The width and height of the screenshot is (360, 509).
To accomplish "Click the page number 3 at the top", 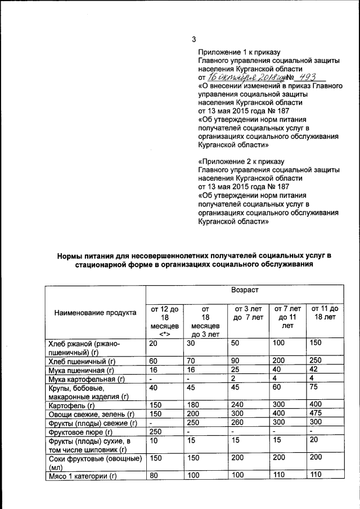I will [194, 39].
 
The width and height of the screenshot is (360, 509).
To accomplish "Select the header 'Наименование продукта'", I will [95, 313].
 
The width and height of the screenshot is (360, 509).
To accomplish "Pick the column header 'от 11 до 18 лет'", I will [325, 313].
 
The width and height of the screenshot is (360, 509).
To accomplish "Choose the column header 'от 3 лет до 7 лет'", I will [248, 313].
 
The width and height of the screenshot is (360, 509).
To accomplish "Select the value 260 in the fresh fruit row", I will [241, 422].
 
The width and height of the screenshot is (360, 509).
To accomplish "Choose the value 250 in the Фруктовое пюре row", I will [155, 431].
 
